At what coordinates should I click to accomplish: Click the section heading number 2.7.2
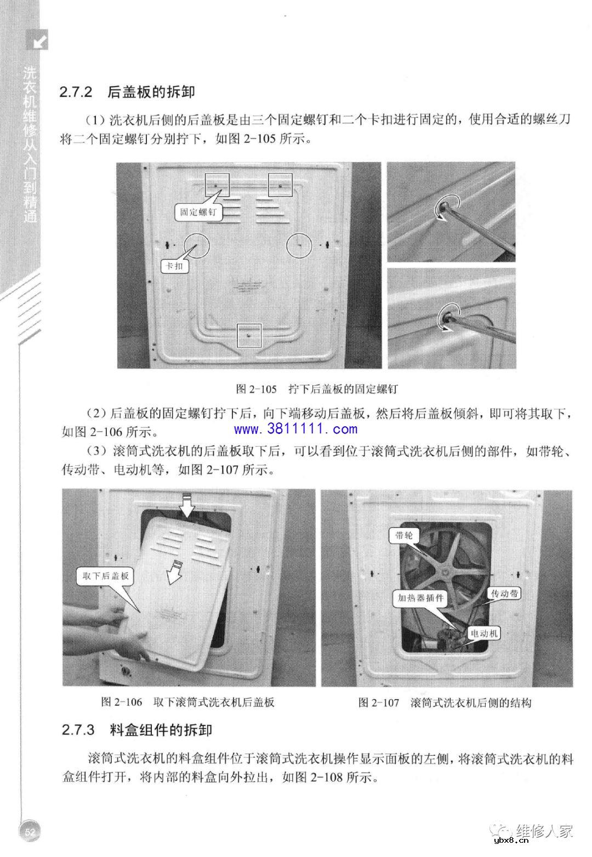(x=77, y=92)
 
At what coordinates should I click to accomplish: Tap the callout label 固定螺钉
(x=198, y=213)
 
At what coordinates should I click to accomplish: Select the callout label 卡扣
(x=175, y=266)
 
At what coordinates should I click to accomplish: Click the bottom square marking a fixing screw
(x=249, y=335)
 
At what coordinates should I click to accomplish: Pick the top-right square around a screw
(x=280, y=185)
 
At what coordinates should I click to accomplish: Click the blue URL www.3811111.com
(x=296, y=429)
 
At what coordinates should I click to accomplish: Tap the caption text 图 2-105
(x=256, y=389)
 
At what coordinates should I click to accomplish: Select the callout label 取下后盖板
(x=105, y=576)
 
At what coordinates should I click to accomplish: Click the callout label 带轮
(x=404, y=535)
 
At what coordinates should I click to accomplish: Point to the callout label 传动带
(x=504, y=593)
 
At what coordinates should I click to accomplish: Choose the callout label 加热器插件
(x=420, y=598)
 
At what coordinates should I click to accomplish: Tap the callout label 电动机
(x=484, y=633)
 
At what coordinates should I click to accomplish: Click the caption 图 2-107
(x=378, y=702)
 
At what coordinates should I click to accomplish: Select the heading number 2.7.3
(x=78, y=730)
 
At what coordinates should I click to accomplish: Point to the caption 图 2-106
(x=122, y=702)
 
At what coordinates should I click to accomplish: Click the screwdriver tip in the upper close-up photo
(x=442, y=208)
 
